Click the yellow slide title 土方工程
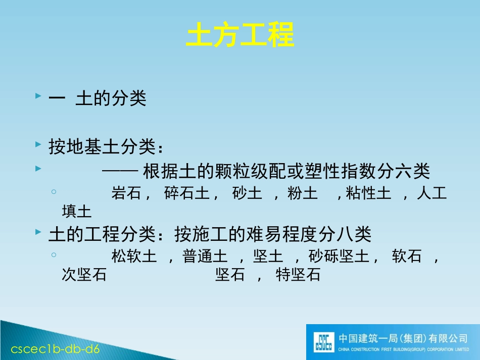point(240,35)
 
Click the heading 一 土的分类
point(98,98)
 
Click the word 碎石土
point(187,194)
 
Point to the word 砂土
point(247,194)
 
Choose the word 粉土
point(302,194)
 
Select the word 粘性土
point(368,194)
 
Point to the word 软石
point(407,257)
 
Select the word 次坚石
point(84,275)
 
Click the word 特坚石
point(298,275)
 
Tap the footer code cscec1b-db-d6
point(56,349)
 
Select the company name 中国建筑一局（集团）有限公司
point(403,338)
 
